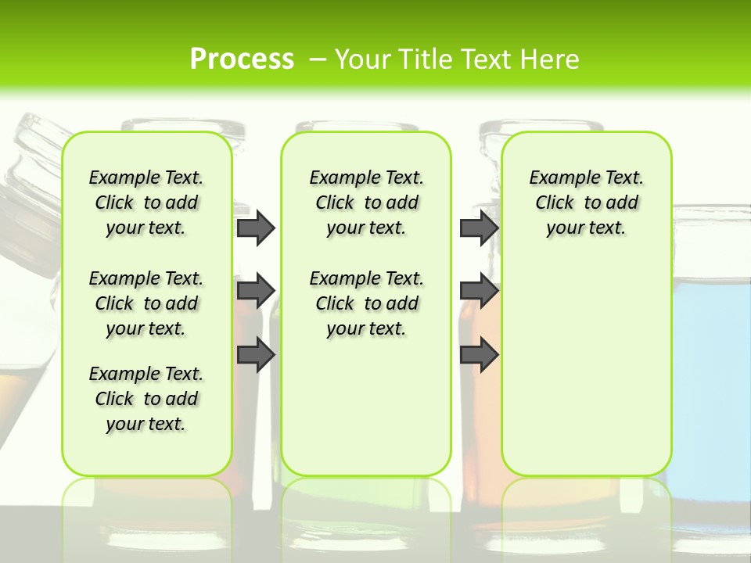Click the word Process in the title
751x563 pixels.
pyautogui.click(x=242, y=59)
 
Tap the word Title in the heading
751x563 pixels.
pyautogui.click(x=426, y=59)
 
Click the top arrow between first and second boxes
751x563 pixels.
pyautogui.click(x=256, y=228)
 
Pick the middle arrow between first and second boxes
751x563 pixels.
pyautogui.click(x=256, y=291)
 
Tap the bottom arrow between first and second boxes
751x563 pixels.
pyautogui.click(x=256, y=354)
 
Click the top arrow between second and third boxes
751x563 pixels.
pyautogui.click(x=479, y=228)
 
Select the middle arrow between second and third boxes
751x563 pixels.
pyautogui.click(x=479, y=291)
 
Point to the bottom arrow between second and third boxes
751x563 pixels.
pyautogui.click(x=479, y=354)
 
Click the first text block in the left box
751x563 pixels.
pyautogui.click(x=146, y=203)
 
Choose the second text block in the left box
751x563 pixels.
pyautogui.click(x=146, y=303)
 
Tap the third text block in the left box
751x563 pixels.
pyautogui.click(x=146, y=399)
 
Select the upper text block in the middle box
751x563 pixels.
pyautogui.click(x=366, y=203)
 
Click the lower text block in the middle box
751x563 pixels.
pyautogui.click(x=366, y=303)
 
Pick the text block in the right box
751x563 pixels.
pyautogui.click(x=586, y=203)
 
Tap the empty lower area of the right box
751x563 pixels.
pyautogui.click(x=586, y=375)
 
